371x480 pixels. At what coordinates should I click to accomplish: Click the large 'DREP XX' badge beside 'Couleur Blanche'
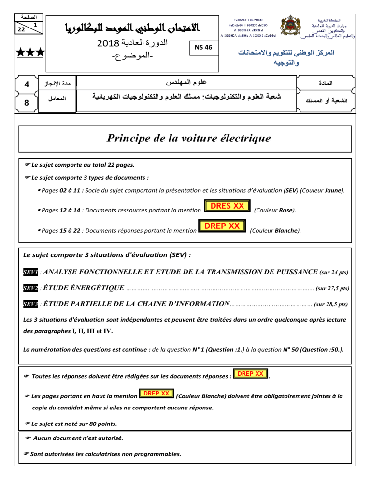tap(223, 226)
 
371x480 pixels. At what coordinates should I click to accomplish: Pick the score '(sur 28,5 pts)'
tap(331, 305)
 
